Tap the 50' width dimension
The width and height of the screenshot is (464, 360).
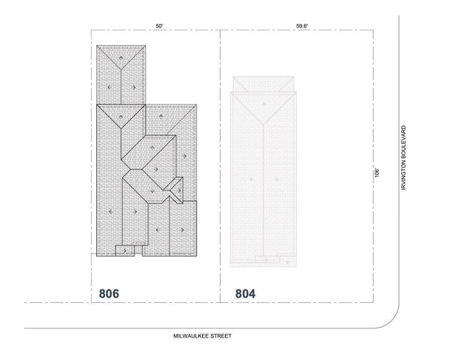pos(159,26)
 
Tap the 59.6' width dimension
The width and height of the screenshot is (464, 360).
pos(302,26)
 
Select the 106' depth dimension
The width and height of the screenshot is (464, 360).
pos(379,172)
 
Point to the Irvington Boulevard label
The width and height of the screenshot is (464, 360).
pos(403,157)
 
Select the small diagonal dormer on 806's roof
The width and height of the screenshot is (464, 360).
pos(176,190)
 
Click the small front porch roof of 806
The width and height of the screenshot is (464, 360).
pos(124,250)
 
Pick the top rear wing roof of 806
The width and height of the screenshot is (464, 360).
pos(121,75)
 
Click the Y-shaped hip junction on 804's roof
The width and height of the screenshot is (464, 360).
pos(264,122)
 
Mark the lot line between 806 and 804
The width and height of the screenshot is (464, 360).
pos(220,165)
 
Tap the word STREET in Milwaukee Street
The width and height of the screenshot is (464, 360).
pos(220,337)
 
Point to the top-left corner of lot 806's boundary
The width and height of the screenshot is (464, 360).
pos(92,31)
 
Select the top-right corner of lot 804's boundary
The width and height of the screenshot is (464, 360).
pos(374,31)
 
